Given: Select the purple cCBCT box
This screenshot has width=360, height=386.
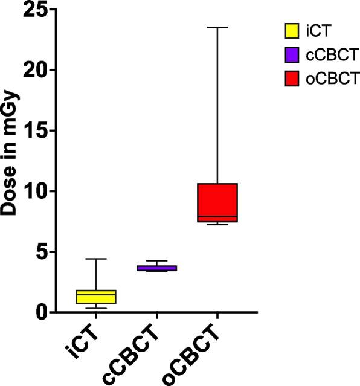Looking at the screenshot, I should tap(156, 268).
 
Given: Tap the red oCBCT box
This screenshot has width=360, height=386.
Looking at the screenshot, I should tap(217, 202).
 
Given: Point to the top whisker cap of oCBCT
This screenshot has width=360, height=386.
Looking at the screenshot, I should tap(217, 27).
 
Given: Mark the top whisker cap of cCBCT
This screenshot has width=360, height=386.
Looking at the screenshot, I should tap(156, 260).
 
